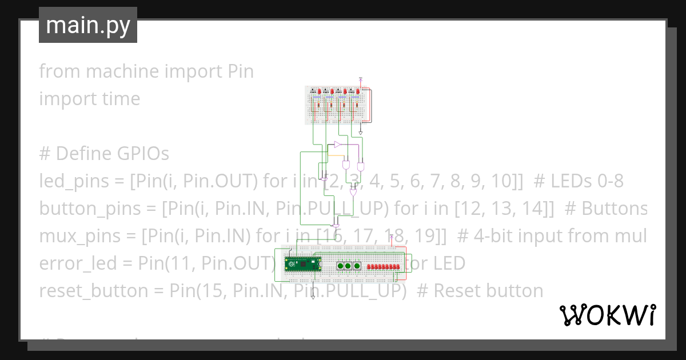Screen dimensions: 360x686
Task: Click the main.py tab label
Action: [88, 25]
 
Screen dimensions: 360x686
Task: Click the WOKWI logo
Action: [607, 315]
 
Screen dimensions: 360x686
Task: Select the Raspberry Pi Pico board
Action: [303, 264]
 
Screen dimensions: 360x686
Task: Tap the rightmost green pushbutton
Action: [357, 266]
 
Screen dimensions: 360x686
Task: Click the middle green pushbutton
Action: [348, 266]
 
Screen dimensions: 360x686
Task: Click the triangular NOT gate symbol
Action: [338, 144]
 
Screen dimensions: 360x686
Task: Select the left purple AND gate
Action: [346, 165]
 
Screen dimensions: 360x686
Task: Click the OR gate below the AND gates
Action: [353, 193]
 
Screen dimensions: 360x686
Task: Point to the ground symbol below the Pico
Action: [313, 297]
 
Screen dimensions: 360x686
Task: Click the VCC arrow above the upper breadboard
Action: [361, 79]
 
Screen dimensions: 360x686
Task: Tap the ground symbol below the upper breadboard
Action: [361, 133]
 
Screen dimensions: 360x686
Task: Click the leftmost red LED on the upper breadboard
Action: [318, 91]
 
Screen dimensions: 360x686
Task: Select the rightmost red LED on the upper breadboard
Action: [358, 91]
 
